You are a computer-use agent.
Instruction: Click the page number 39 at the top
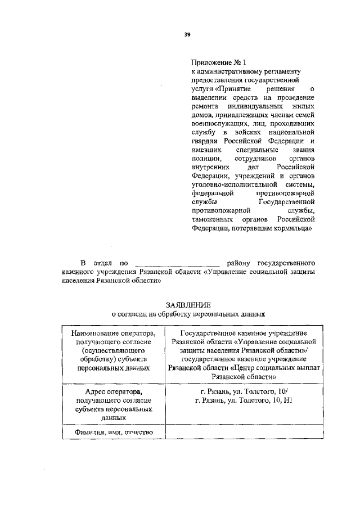click(187, 34)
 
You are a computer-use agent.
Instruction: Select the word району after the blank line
click(237, 263)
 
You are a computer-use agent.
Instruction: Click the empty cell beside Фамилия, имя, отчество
click(243, 433)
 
